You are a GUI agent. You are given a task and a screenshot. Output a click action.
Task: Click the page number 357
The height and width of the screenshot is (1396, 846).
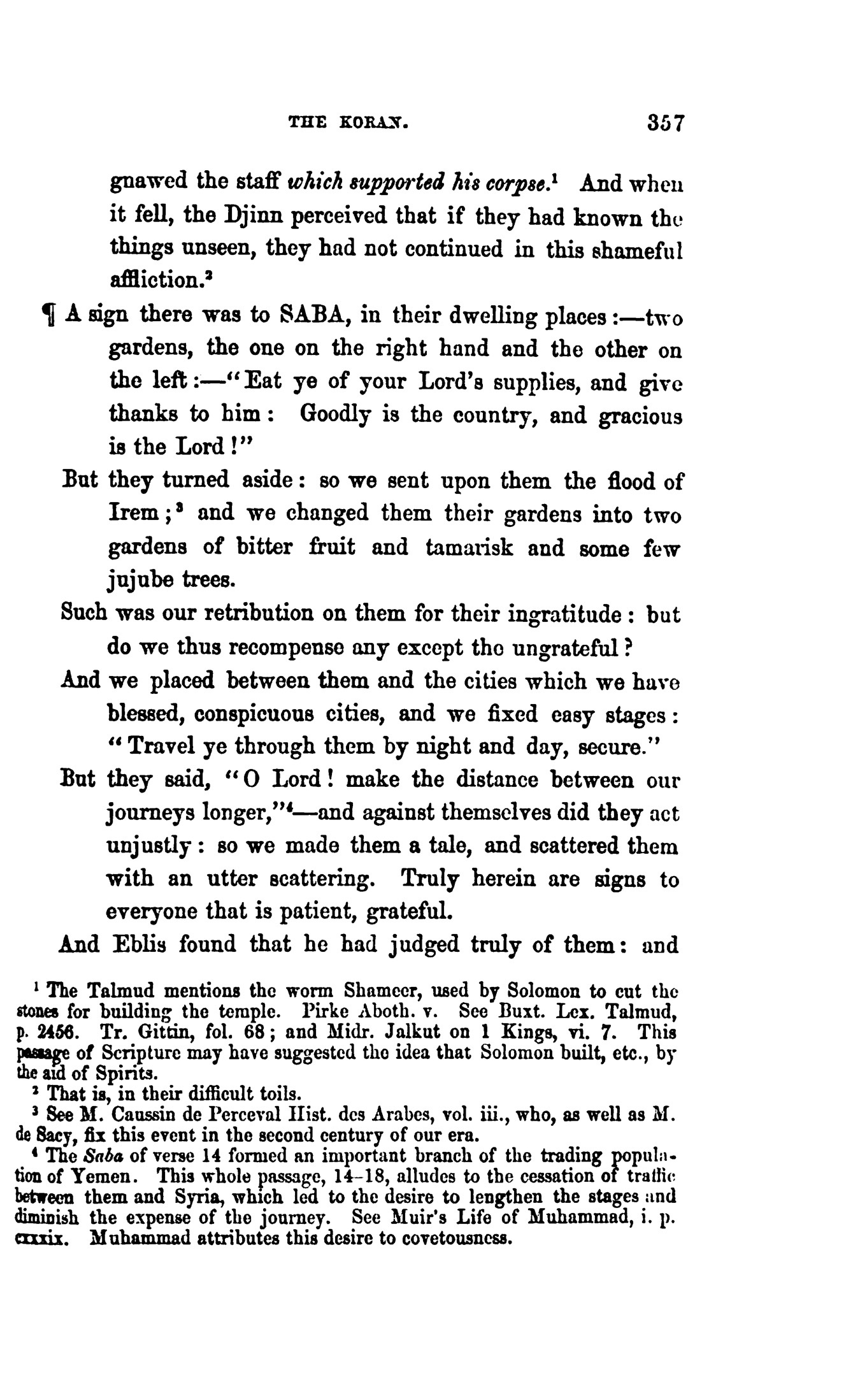click(663, 122)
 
